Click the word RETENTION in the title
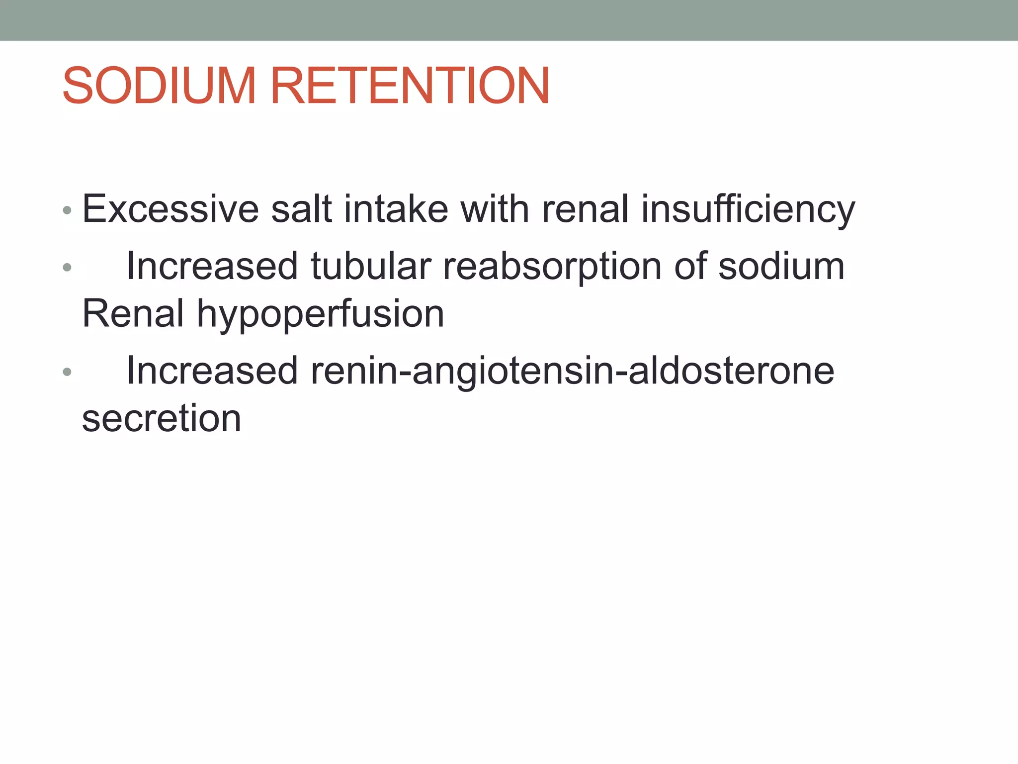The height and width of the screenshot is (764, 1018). (410, 86)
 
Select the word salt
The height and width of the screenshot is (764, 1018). (301, 209)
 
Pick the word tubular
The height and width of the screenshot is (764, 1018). (371, 266)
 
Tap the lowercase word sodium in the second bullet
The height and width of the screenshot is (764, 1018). (781, 266)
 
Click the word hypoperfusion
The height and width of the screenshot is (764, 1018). (320, 314)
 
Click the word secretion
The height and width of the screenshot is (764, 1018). (162, 418)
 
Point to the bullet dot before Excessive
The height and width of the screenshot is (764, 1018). (67, 210)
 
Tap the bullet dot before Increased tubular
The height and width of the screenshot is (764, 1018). (67, 268)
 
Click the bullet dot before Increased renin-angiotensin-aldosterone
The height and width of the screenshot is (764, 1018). (67, 372)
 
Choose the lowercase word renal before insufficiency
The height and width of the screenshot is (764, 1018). (585, 209)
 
